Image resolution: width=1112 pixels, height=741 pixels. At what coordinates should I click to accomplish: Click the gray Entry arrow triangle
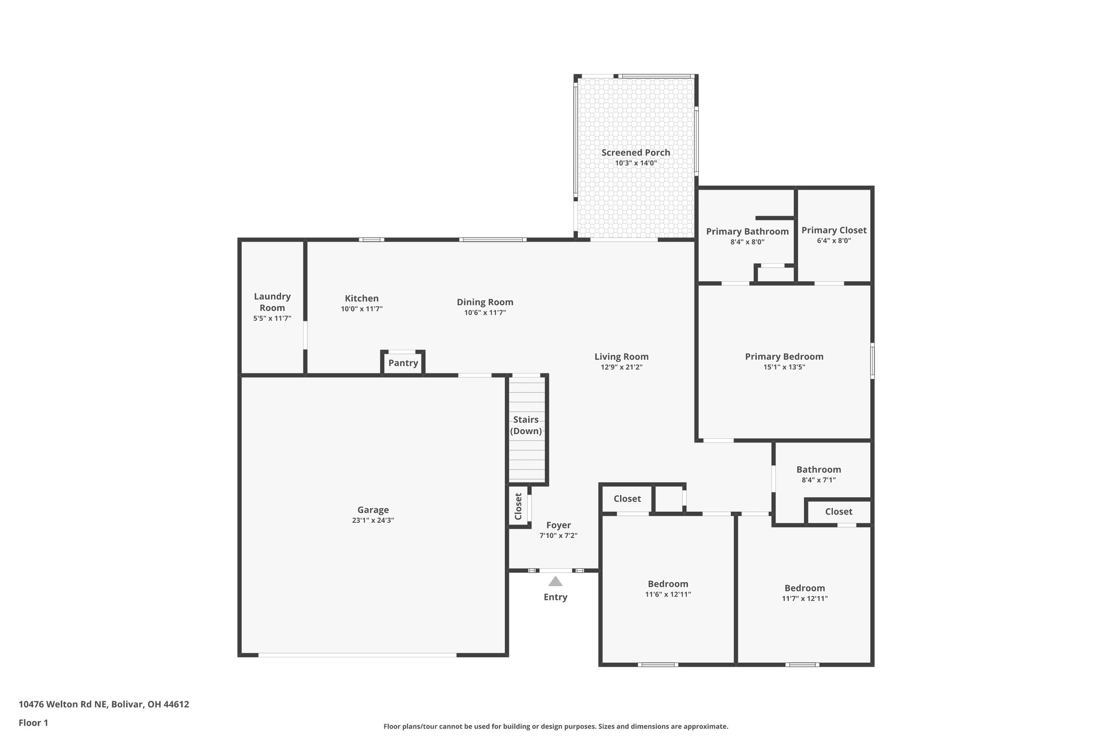click(x=555, y=581)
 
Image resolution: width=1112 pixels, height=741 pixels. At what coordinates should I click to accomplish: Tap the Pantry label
click(x=403, y=363)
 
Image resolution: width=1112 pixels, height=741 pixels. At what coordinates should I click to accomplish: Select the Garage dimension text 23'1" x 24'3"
click(x=372, y=520)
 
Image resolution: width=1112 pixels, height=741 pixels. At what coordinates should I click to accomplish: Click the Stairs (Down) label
click(x=526, y=425)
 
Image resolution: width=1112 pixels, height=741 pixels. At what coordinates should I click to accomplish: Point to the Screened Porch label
click(x=635, y=153)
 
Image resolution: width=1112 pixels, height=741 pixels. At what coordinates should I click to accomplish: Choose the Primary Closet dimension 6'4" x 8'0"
click(x=833, y=240)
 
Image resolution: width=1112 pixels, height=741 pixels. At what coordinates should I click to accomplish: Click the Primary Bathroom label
click(x=747, y=231)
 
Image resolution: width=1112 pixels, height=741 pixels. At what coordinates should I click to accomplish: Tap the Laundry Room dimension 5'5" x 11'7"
click(x=272, y=319)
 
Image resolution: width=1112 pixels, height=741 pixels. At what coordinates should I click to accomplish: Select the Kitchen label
click(x=362, y=299)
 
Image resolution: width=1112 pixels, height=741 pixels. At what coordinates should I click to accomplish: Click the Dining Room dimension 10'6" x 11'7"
click(x=485, y=313)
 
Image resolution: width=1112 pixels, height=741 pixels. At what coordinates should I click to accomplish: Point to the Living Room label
click(x=621, y=357)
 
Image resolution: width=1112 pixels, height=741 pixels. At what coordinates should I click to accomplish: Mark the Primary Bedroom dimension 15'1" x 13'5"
click(x=784, y=367)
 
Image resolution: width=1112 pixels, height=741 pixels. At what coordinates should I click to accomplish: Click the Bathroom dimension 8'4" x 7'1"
click(x=818, y=480)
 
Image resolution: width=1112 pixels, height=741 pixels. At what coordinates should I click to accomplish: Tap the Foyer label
click(x=558, y=525)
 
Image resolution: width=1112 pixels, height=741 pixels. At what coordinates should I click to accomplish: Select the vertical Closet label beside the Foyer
click(x=518, y=506)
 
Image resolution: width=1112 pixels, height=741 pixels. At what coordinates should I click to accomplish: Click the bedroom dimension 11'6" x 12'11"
click(x=668, y=594)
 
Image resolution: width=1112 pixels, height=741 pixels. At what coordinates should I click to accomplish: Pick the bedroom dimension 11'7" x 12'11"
click(x=805, y=599)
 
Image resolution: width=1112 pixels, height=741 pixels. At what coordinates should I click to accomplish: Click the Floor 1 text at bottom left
click(x=33, y=723)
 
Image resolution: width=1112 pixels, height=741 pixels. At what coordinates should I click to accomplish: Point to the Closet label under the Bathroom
click(x=838, y=511)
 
